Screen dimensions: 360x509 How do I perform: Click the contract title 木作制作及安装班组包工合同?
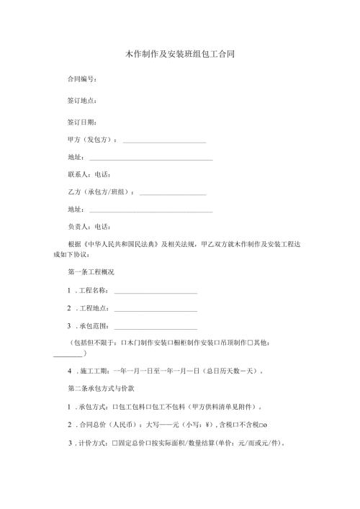(x=180, y=54)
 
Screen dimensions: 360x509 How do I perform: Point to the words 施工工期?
(x=94, y=372)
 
